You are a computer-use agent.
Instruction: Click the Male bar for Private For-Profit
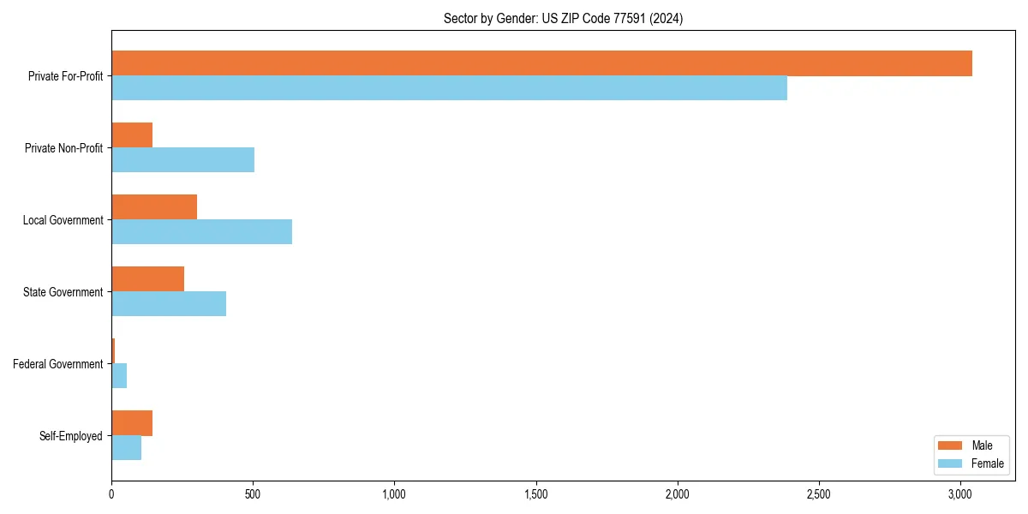point(541,63)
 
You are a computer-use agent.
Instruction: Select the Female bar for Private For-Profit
point(449,88)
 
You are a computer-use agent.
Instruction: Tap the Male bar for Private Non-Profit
point(132,135)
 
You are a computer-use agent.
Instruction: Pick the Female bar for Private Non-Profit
point(182,160)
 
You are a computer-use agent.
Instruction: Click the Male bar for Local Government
point(154,207)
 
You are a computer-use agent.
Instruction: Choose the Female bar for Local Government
point(201,232)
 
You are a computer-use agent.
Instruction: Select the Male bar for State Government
point(147,279)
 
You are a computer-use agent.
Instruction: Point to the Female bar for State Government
point(169,304)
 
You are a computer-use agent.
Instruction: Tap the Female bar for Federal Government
point(119,376)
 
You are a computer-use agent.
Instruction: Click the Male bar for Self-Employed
point(132,423)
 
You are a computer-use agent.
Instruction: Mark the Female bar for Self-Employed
point(126,448)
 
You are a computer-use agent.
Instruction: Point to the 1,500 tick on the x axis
point(535,494)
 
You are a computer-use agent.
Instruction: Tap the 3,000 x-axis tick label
point(960,494)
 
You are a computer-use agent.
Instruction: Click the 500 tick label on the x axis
point(253,494)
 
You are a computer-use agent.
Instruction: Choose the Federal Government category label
point(57,364)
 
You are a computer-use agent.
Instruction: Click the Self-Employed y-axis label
point(70,436)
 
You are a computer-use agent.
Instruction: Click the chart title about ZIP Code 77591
point(563,18)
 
